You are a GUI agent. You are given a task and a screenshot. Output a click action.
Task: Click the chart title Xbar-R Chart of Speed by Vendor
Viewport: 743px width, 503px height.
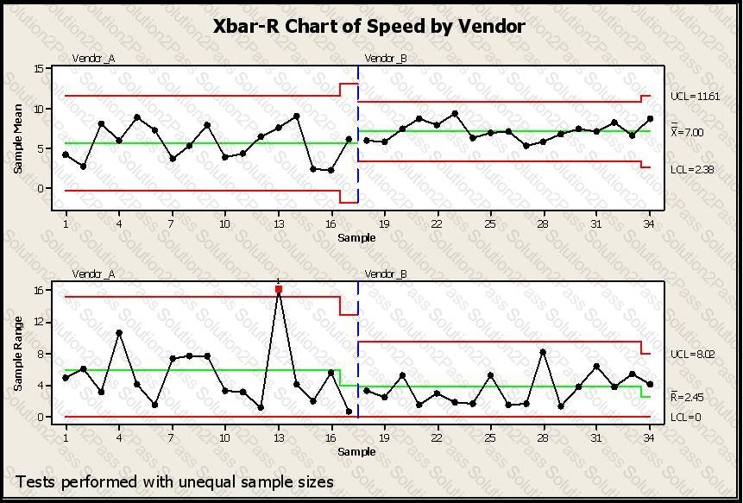(369, 26)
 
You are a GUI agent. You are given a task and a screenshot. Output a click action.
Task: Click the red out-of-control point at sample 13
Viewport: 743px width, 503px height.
(279, 289)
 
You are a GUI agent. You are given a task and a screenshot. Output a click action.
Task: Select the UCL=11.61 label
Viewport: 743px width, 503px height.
(695, 97)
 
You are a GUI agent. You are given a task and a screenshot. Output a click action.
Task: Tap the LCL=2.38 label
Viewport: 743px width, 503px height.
(691, 170)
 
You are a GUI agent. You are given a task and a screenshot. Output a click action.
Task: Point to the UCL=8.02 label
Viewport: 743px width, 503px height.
(691, 355)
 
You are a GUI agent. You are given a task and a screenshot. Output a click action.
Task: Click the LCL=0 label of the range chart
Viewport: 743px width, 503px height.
(685, 418)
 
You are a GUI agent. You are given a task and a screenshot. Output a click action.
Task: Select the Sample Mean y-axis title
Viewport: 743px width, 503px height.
(18, 139)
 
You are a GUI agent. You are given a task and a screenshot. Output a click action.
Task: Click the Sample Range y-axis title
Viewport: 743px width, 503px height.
(18, 354)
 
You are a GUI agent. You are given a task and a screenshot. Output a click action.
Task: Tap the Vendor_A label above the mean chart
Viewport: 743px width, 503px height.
(93, 59)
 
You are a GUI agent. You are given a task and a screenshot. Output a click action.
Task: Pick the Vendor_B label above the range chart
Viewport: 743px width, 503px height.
(386, 274)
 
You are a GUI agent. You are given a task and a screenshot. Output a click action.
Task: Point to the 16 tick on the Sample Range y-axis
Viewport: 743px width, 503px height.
(39, 290)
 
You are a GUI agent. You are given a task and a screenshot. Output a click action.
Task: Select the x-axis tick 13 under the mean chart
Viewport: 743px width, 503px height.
(279, 223)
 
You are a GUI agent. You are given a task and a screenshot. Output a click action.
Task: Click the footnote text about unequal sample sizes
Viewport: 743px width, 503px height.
(174, 481)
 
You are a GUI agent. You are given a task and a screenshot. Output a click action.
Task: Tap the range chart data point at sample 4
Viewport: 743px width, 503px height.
(119, 333)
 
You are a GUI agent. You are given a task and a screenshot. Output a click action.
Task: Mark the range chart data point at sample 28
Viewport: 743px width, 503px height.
(543, 352)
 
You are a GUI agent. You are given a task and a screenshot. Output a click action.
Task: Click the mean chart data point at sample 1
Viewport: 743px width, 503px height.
(66, 154)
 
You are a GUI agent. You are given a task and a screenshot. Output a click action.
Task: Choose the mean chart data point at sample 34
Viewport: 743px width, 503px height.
(650, 119)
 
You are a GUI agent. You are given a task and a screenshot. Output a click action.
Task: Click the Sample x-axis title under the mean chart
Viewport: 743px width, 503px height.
(356, 237)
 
